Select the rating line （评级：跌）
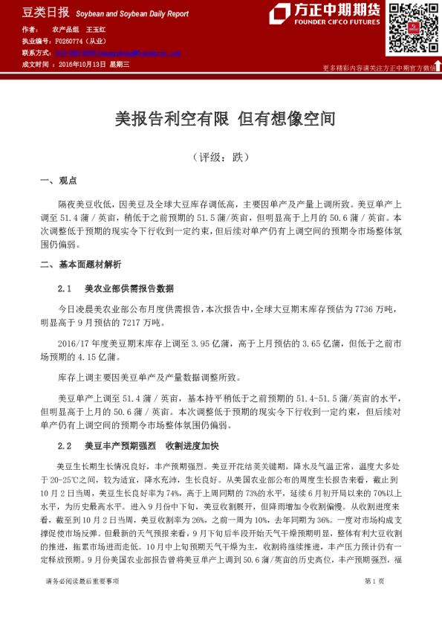[x=221, y=158]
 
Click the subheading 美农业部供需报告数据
[x=129, y=288]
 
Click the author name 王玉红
[x=96, y=30]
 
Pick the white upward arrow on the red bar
[x=438, y=65]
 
